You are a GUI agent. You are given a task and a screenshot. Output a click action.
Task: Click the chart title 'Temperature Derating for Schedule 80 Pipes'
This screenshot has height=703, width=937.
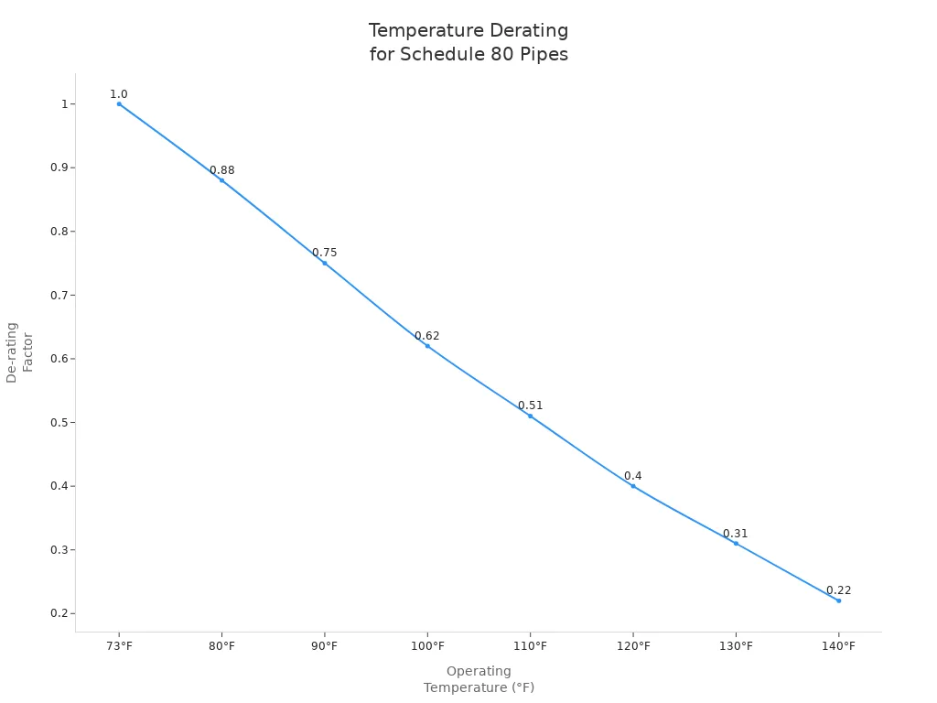[x=468, y=43]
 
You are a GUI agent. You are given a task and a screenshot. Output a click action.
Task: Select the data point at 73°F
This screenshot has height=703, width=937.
[x=119, y=104]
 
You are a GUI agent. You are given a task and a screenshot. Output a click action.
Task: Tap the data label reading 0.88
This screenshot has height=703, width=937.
[x=221, y=170]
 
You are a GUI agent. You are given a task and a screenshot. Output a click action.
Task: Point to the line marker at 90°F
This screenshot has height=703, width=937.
[x=325, y=264]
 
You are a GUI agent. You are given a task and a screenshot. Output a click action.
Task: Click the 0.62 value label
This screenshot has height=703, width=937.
[x=426, y=336]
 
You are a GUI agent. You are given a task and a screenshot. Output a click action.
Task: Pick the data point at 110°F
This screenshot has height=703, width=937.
[x=530, y=416]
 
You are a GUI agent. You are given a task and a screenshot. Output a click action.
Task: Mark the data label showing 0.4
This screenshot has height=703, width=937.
[x=632, y=476]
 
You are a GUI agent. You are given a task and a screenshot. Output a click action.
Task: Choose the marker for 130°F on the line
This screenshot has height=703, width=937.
[x=736, y=544]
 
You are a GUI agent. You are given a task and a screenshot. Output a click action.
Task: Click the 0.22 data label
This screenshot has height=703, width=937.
[x=838, y=590]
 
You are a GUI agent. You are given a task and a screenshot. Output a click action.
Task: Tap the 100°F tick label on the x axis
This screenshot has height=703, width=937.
[x=427, y=646]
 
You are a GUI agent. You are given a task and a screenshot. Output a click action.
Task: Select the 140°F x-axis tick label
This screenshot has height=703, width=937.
[x=838, y=646]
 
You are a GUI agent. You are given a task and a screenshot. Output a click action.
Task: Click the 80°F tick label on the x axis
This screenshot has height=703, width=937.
[x=221, y=646]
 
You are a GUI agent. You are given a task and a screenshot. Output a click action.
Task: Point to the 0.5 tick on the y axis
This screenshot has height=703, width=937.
[x=59, y=423]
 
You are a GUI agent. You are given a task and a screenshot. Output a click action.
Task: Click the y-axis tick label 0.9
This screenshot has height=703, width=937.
[x=59, y=168]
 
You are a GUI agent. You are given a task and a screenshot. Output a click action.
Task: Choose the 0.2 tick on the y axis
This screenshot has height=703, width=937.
[x=59, y=613]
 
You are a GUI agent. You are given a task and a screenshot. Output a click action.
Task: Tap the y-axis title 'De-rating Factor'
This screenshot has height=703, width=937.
[x=19, y=352]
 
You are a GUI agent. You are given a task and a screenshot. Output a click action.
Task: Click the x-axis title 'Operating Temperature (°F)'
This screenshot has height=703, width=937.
[x=479, y=679]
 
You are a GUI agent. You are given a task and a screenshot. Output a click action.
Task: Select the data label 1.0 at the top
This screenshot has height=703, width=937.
[x=119, y=94]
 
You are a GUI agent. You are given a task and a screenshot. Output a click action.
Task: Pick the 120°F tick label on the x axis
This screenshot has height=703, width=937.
[x=633, y=646]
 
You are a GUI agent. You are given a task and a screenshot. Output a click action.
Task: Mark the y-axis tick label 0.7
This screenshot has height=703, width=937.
[x=59, y=296]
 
